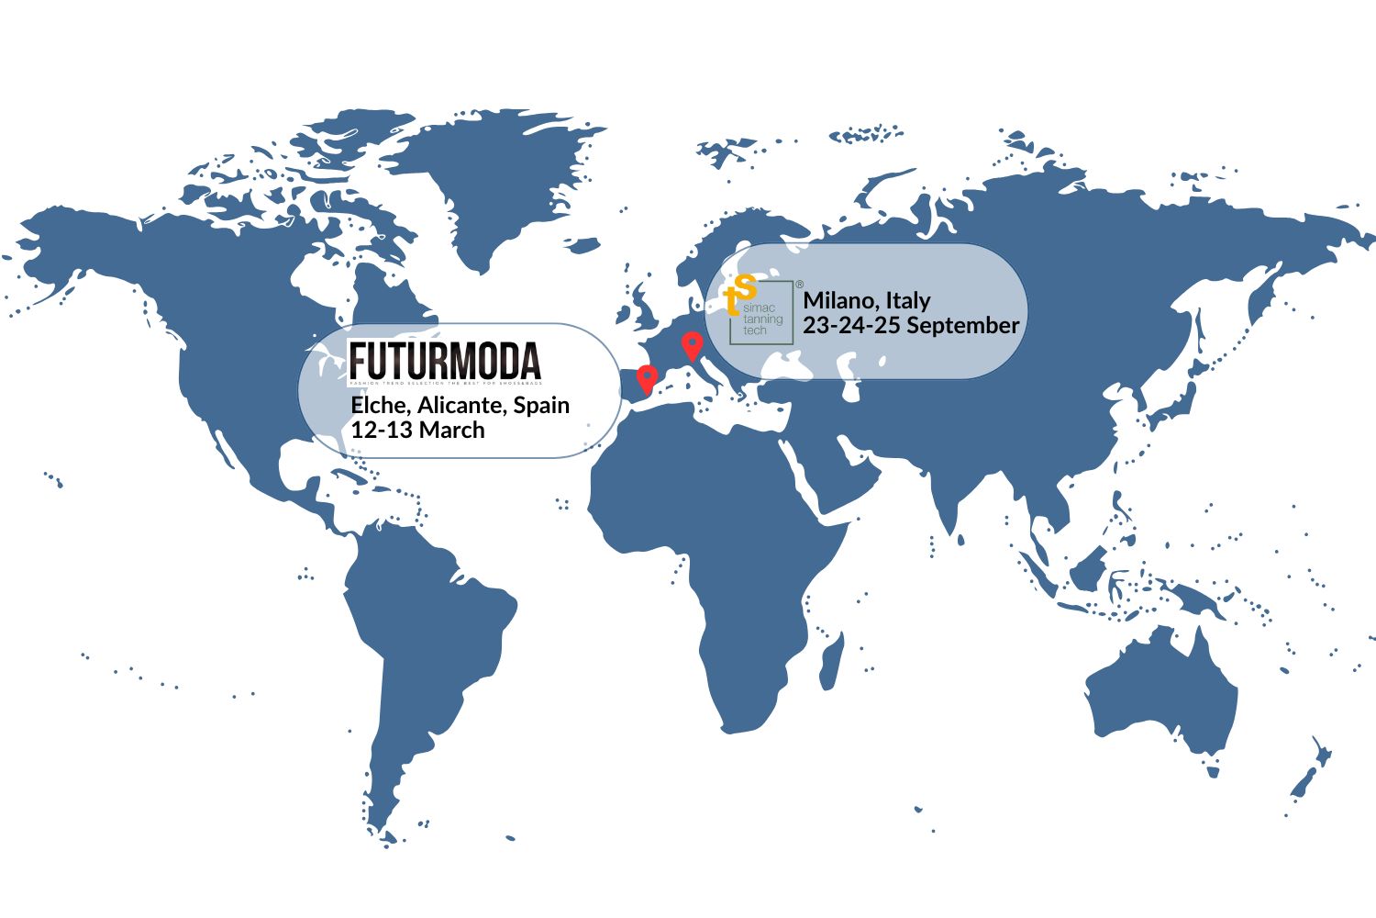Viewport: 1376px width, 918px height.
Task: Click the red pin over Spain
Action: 648,377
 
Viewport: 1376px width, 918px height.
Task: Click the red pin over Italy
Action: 693,346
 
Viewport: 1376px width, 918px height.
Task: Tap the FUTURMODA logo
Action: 445,362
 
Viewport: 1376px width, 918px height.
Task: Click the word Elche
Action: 379,405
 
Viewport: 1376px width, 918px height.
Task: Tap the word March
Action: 450,430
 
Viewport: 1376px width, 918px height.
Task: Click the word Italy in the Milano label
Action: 908,300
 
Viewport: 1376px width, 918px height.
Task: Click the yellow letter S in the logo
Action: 747,286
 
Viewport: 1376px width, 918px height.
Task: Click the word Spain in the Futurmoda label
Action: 541,405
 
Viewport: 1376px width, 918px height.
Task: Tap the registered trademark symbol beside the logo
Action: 799,285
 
